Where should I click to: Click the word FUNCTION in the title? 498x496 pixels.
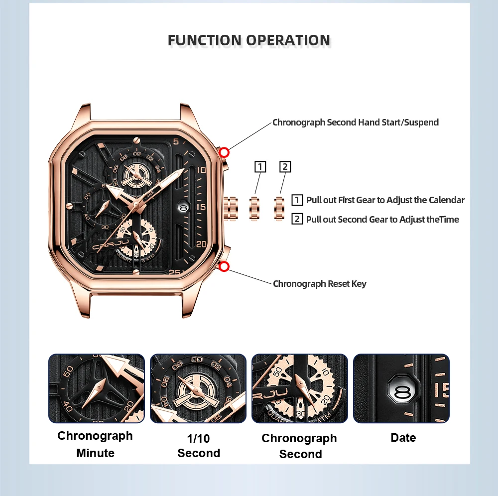pyautogui.click(x=204, y=40)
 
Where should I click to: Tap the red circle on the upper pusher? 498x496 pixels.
pyautogui.click(x=224, y=152)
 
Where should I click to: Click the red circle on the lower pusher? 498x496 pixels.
pyautogui.click(x=224, y=267)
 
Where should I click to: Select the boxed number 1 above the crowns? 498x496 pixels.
pyautogui.click(x=260, y=166)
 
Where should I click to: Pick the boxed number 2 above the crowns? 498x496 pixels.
pyautogui.click(x=285, y=166)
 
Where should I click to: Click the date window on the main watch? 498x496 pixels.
pyautogui.click(x=183, y=206)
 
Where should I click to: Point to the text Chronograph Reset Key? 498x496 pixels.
pyautogui.click(x=319, y=284)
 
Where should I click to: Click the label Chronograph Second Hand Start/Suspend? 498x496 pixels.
pyautogui.click(x=355, y=123)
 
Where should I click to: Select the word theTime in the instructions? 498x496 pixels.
pyautogui.click(x=443, y=219)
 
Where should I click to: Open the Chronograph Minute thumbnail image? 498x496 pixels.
pyautogui.click(x=96, y=388)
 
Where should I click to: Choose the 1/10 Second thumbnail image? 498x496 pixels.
pyautogui.click(x=198, y=388)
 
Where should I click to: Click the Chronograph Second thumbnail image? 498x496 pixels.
pyautogui.click(x=299, y=388)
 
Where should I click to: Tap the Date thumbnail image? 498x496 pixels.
pyautogui.click(x=401, y=388)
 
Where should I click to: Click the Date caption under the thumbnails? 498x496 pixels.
pyautogui.click(x=403, y=438)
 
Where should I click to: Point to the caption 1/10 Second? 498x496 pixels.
pyautogui.click(x=198, y=446)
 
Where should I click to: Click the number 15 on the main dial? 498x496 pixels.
pyautogui.click(x=201, y=207)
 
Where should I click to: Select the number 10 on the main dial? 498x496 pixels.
pyautogui.click(x=201, y=170)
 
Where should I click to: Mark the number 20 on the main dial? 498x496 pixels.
pyautogui.click(x=201, y=244)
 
